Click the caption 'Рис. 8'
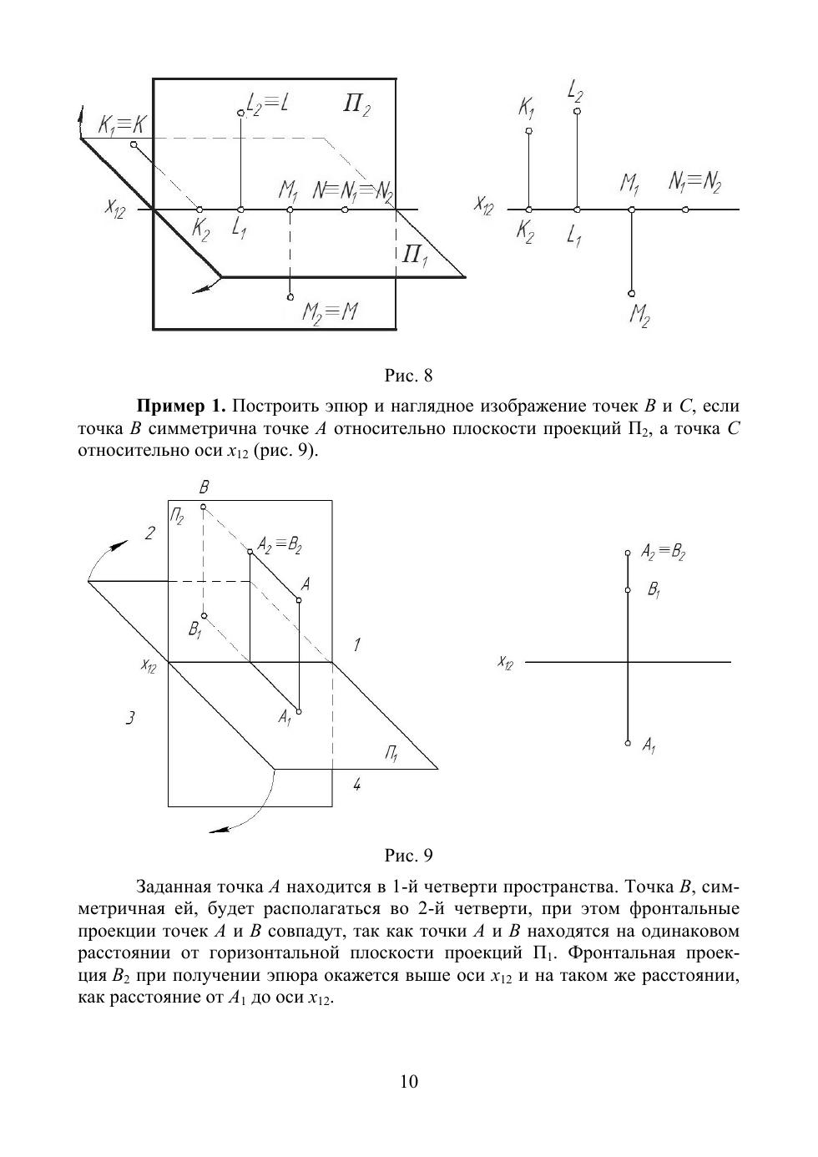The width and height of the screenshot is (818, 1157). pyautogui.click(x=408, y=376)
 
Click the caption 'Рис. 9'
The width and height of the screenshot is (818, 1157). pyautogui.click(x=408, y=855)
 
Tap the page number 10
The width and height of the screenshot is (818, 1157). pyautogui.click(x=409, y=1082)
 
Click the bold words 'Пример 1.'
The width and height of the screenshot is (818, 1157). pyautogui.click(x=181, y=407)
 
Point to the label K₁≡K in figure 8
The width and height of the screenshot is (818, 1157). pyautogui.click(x=122, y=125)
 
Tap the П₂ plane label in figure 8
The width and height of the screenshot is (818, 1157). pyautogui.click(x=356, y=105)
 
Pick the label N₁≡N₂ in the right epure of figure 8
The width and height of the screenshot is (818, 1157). pyautogui.click(x=694, y=182)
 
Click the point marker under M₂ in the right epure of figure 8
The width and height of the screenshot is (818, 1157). pyautogui.click(x=632, y=294)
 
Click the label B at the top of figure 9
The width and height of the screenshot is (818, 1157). pyautogui.click(x=204, y=487)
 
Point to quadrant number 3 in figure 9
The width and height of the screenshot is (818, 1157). pyautogui.click(x=130, y=717)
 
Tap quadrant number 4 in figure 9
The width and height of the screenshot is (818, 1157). pyautogui.click(x=356, y=784)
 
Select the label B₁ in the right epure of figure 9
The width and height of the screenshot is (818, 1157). pyautogui.click(x=654, y=590)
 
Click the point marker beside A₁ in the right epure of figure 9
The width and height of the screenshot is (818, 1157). pyautogui.click(x=628, y=743)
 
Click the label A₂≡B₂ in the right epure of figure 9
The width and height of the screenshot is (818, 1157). pyautogui.click(x=663, y=552)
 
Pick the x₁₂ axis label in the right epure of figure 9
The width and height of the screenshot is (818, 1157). pyautogui.click(x=505, y=662)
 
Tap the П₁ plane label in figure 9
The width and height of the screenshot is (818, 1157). pyautogui.click(x=391, y=754)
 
